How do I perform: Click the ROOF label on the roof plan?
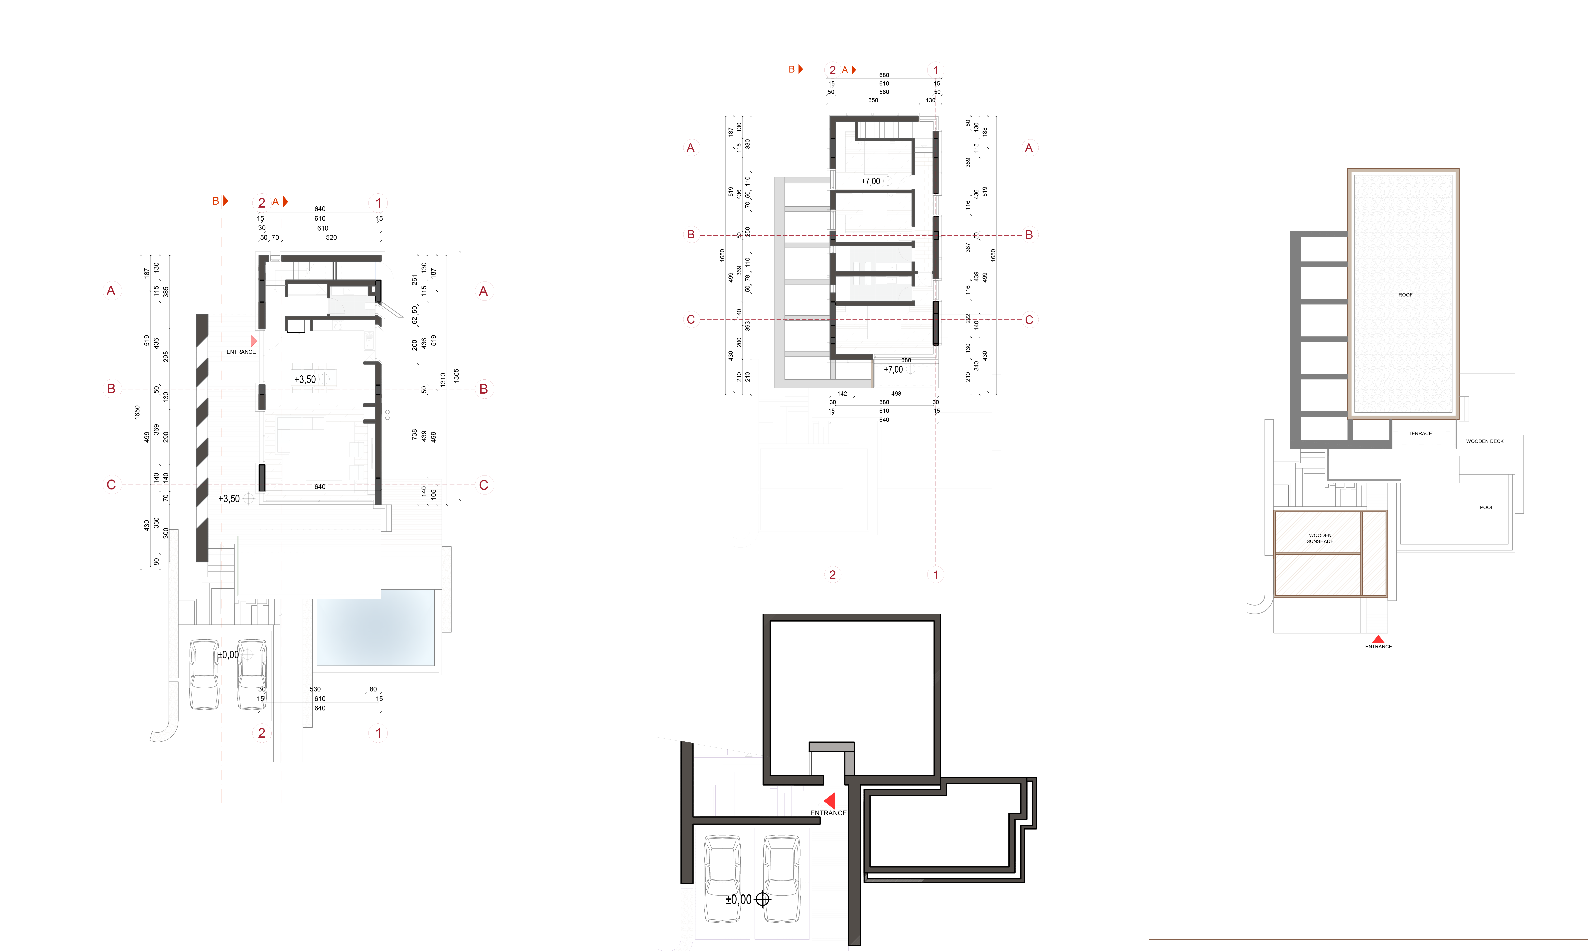(x=1405, y=295)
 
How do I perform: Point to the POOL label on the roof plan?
(x=1486, y=507)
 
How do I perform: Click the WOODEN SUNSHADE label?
(x=1320, y=538)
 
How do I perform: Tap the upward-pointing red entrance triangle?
(x=1378, y=639)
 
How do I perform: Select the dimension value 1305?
(x=456, y=376)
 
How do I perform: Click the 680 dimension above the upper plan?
(x=884, y=75)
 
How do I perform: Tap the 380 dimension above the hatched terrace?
(x=906, y=360)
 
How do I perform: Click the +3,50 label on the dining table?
(x=305, y=379)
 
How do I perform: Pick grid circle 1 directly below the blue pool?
(x=378, y=733)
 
